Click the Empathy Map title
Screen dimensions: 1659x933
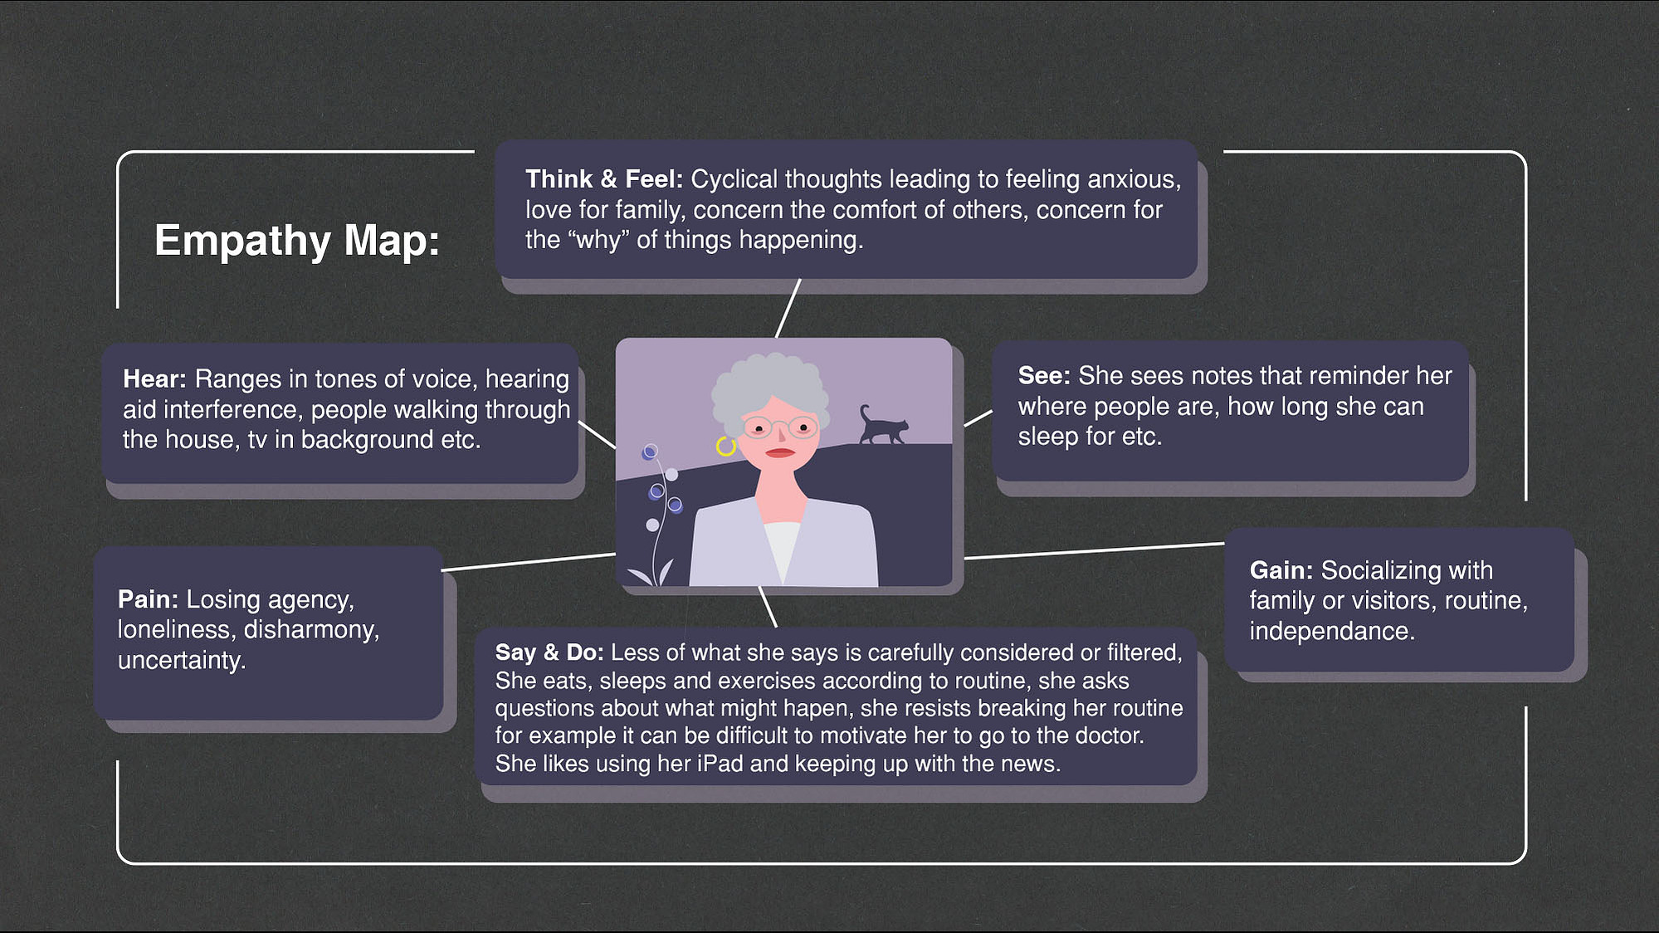pyautogui.click(x=296, y=241)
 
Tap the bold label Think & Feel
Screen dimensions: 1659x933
pyautogui.click(x=604, y=179)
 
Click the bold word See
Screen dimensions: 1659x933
pyautogui.click(x=1045, y=375)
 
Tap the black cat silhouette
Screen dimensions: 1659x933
pyautogui.click(x=883, y=424)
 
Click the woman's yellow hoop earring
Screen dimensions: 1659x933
pyautogui.click(x=726, y=447)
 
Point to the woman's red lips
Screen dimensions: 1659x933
pyautogui.click(x=780, y=452)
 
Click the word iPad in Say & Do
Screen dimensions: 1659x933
pyautogui.click(x=720, y=764)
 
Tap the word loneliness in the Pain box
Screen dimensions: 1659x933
pyautogui.click(x=174, y=629)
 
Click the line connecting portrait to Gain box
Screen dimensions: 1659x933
pyautogui.click(x=1094, y=551)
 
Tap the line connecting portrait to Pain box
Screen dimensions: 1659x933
pyautogui.click(x=529, y=562)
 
